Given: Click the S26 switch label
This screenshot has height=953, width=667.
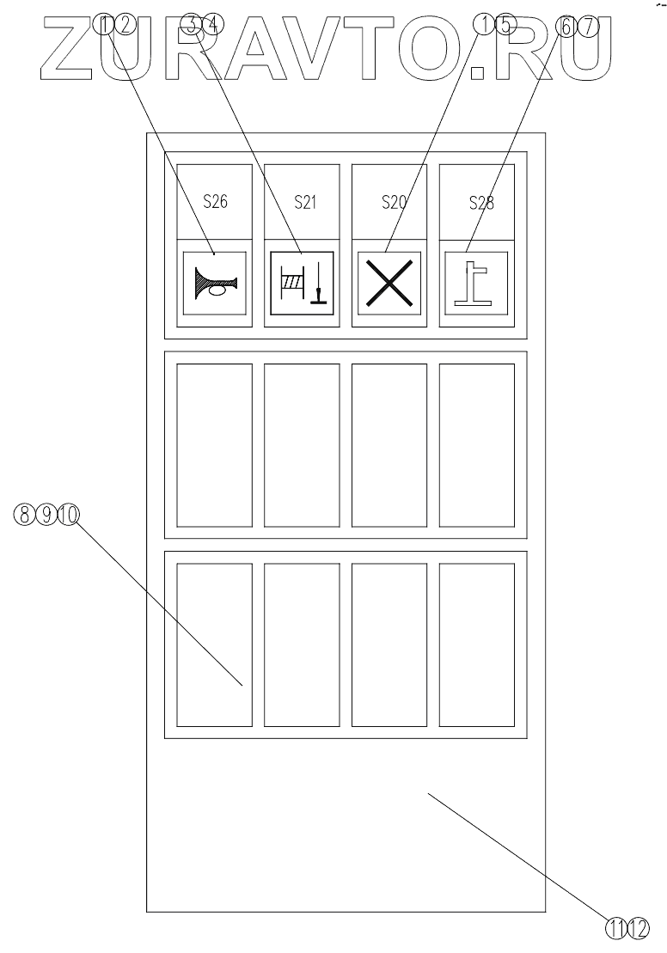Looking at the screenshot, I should pos(215,203).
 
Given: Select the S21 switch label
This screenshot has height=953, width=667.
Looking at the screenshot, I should pos(303,203).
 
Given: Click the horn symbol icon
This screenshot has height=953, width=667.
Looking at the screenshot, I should pos(215,284).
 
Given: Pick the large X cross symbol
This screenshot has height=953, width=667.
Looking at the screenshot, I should pos(389,284).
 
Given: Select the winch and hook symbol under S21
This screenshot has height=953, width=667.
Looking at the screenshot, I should pos(303,284).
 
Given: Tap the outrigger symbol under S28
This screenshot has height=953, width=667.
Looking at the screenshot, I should pos(477,284).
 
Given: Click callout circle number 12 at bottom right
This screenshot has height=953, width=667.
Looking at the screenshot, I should pos(639,929).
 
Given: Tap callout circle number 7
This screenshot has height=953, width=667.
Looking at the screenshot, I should pos(586,25).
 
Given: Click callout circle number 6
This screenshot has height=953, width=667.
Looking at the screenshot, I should pos(566,25).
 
